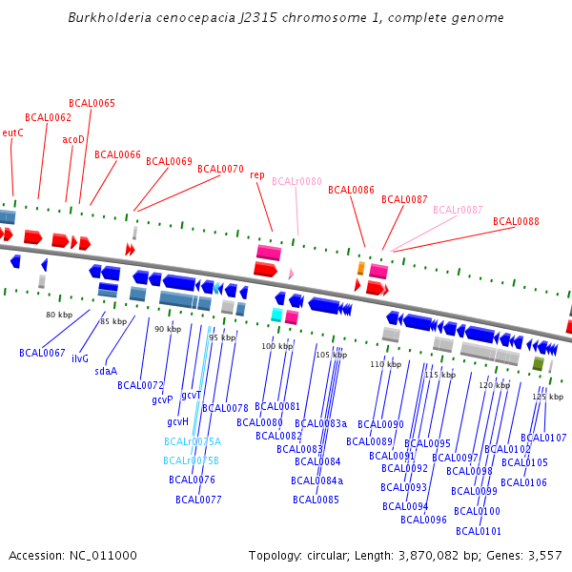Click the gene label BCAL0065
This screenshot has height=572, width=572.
(92, 103)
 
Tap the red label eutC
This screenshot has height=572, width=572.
(12, 133)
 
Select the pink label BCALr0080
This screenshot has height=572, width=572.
(296, 181)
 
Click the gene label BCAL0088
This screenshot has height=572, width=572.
(516, 221)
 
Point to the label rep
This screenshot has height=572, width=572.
(257, 175)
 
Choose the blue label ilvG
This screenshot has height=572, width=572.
(79, 358)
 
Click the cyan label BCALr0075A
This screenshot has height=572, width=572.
(192, 441)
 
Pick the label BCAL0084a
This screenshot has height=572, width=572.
(318, 480)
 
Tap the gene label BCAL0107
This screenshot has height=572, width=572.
(543, 439)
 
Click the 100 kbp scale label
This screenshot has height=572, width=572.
(276, 346)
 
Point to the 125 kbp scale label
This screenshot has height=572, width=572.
(547, 397)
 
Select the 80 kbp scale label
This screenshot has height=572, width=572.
(59, 315)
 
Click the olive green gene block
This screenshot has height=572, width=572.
(538, 363)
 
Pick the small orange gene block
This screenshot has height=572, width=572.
(360, 268)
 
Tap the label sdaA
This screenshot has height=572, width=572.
(105, 372)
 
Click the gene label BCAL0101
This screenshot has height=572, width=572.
(478, 531)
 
